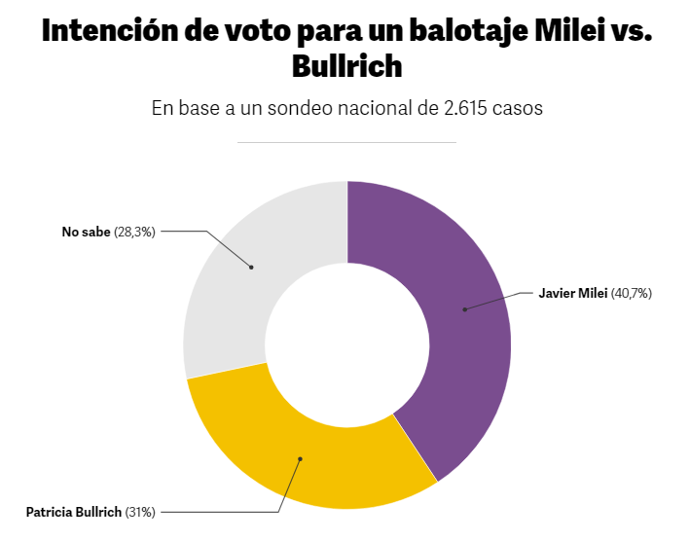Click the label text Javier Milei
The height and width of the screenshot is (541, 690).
[573, 293]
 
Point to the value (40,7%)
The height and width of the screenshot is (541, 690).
[631, 293]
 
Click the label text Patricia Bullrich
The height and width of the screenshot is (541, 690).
[74, 511]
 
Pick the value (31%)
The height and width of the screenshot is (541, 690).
[140, 511]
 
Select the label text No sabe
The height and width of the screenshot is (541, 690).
[86, 232]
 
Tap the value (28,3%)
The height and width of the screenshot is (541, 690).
[134, 232]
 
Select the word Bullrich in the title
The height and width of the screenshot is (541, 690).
[346, 66]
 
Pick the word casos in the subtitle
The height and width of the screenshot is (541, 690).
[518, 108]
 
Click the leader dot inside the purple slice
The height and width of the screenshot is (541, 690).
[465, 309]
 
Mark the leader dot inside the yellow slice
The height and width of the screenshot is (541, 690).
[301, 458]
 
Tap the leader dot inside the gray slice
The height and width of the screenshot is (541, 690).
[251, 267]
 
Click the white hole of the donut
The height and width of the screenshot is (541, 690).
[347, 345]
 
